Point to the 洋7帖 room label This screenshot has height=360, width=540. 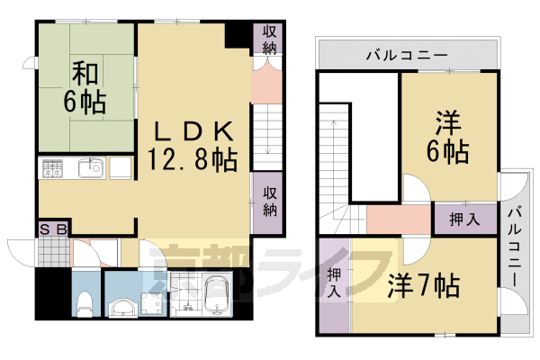[x=424, y=286]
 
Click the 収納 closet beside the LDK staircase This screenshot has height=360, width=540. [x=268, y=201]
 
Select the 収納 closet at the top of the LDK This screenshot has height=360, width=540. [x=268, y=40]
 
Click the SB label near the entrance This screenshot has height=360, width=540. [x=52, y=229]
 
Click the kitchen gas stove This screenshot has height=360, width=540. [x=53, y=168]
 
